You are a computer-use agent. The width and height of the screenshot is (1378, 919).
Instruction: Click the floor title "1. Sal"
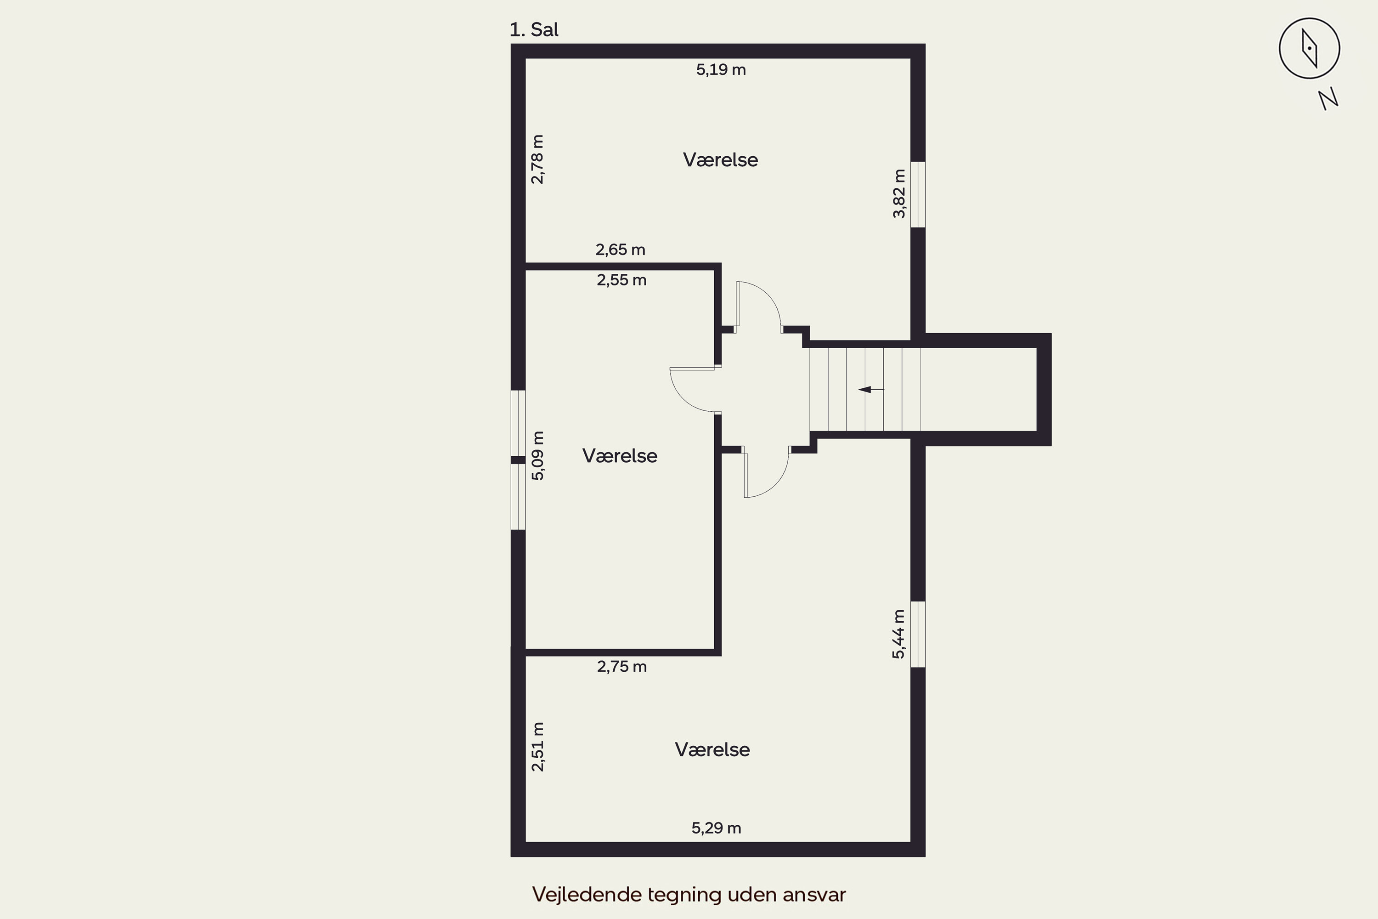click(534, 29)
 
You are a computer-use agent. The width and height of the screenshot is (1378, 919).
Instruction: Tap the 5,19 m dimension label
click(721, 70)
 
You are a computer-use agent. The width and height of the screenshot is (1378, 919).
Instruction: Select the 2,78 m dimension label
click(537, 159)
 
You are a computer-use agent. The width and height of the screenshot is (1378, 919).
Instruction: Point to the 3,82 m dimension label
click(899, 193)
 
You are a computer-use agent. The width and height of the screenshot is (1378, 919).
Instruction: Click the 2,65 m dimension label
click(621, 250)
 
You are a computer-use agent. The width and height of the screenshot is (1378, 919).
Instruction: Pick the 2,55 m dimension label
click(621, 280)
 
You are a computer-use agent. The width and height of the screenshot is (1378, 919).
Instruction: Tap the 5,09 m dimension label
click(538, 455)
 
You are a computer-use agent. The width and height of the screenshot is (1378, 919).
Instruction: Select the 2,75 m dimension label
click(621, 666)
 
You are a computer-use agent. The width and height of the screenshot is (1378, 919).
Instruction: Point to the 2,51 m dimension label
click(537, 747)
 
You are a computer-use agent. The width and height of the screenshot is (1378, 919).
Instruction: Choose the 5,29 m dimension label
click(716, 828)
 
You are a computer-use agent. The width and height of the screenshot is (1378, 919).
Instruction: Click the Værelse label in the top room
click(720, 159)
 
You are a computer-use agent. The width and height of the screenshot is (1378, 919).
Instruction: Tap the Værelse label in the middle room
click(619, 455)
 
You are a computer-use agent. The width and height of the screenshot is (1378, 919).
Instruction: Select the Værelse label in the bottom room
click(712, 749)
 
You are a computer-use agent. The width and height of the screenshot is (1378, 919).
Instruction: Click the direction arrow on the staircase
click(871, 389)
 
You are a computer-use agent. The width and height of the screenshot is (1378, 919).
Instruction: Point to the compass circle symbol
click(1310, 48)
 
